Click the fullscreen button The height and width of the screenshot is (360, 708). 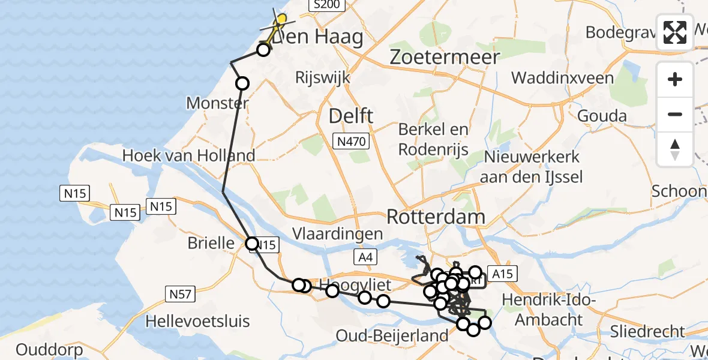tap(675, 32)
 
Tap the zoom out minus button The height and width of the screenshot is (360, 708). tap(675, 114)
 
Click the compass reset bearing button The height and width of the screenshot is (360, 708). tap(675, 149)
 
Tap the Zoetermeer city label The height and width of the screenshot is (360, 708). tap(445, 57)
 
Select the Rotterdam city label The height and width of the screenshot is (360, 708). tap(435, 216)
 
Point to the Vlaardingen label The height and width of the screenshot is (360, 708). tap(338, 233)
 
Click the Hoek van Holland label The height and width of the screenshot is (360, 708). tap(188, 155)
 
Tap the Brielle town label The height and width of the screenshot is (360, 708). tap(211, 243)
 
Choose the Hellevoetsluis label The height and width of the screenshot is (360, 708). tap(197, 321)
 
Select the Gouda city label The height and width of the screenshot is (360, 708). tap(602, 116)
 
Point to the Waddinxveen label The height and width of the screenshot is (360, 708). tap(562, 78)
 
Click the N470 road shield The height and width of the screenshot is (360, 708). tap(351, 142)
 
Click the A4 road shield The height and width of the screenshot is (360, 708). tap(365, 258)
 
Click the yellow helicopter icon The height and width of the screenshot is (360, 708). tap(279, 22)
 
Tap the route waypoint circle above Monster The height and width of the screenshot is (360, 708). tap(242, 83)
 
